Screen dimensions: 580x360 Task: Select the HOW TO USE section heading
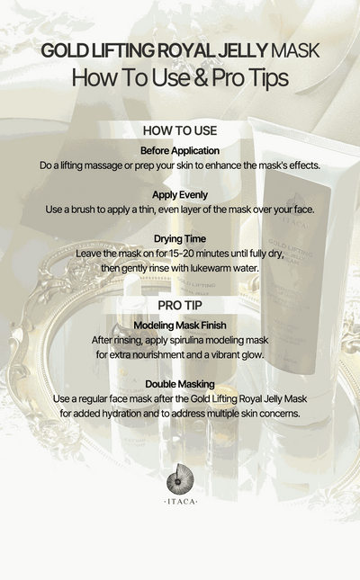point(180,130)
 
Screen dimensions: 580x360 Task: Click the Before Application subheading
point(180,150)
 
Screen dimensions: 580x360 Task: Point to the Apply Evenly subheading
point(180,194)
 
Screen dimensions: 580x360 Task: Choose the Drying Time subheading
point(180,239)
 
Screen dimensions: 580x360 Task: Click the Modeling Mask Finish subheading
point(180,325)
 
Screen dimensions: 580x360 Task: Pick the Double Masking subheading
point(180,384)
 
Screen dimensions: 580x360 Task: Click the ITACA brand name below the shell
point(181,501)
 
